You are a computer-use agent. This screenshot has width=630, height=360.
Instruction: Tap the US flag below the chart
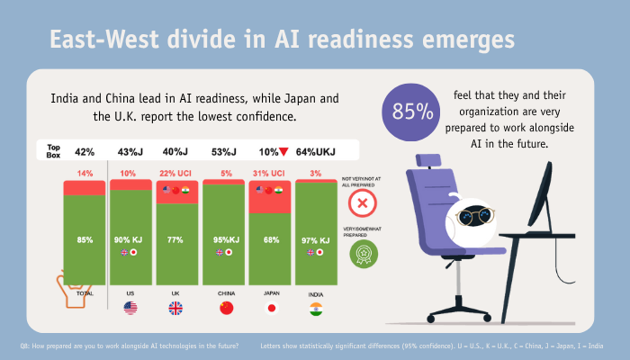point(130,309)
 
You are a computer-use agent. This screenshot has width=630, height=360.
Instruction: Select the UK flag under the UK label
point(176,309)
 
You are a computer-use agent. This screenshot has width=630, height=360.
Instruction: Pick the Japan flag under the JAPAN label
point(270,309)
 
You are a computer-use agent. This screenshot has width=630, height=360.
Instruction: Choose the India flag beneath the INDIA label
point(316,309)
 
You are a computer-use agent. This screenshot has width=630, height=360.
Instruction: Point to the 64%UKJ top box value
point(317,152)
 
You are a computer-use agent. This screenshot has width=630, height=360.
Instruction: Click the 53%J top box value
point(224,152)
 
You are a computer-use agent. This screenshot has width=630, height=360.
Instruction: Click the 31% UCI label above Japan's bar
point(270,173)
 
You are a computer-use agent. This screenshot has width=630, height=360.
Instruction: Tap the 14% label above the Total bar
point(85,173)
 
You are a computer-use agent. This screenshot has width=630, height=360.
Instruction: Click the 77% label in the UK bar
point(176,240)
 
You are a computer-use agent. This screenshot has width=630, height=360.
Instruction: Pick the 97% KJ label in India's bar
point(316,240)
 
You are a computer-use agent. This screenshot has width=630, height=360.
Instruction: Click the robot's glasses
point(476,216)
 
